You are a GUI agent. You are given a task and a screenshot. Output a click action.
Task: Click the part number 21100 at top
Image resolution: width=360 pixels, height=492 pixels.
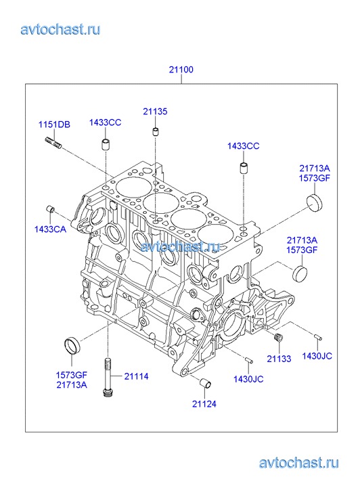click(x=181, y=69)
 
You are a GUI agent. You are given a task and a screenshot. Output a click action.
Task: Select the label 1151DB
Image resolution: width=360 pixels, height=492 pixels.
click(x=54, y=125)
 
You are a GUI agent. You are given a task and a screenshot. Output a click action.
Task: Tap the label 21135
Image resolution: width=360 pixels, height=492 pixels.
click(x=156, y=112)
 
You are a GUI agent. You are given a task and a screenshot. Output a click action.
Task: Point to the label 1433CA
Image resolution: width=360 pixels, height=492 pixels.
click(x=50, y=229)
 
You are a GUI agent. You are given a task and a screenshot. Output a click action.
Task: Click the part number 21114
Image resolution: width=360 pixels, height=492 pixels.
click(x=136, y=376)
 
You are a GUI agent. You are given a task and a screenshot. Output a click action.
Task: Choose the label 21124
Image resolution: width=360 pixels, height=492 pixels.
click(x=204, y=404)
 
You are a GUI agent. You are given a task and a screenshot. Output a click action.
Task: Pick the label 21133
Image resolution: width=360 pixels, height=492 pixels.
click(x=279, y=359)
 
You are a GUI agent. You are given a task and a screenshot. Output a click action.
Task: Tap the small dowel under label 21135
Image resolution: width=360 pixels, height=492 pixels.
click(x=156, y=131)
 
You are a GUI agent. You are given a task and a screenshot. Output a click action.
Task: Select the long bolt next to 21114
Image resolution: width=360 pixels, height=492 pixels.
click(x=108, y=378)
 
